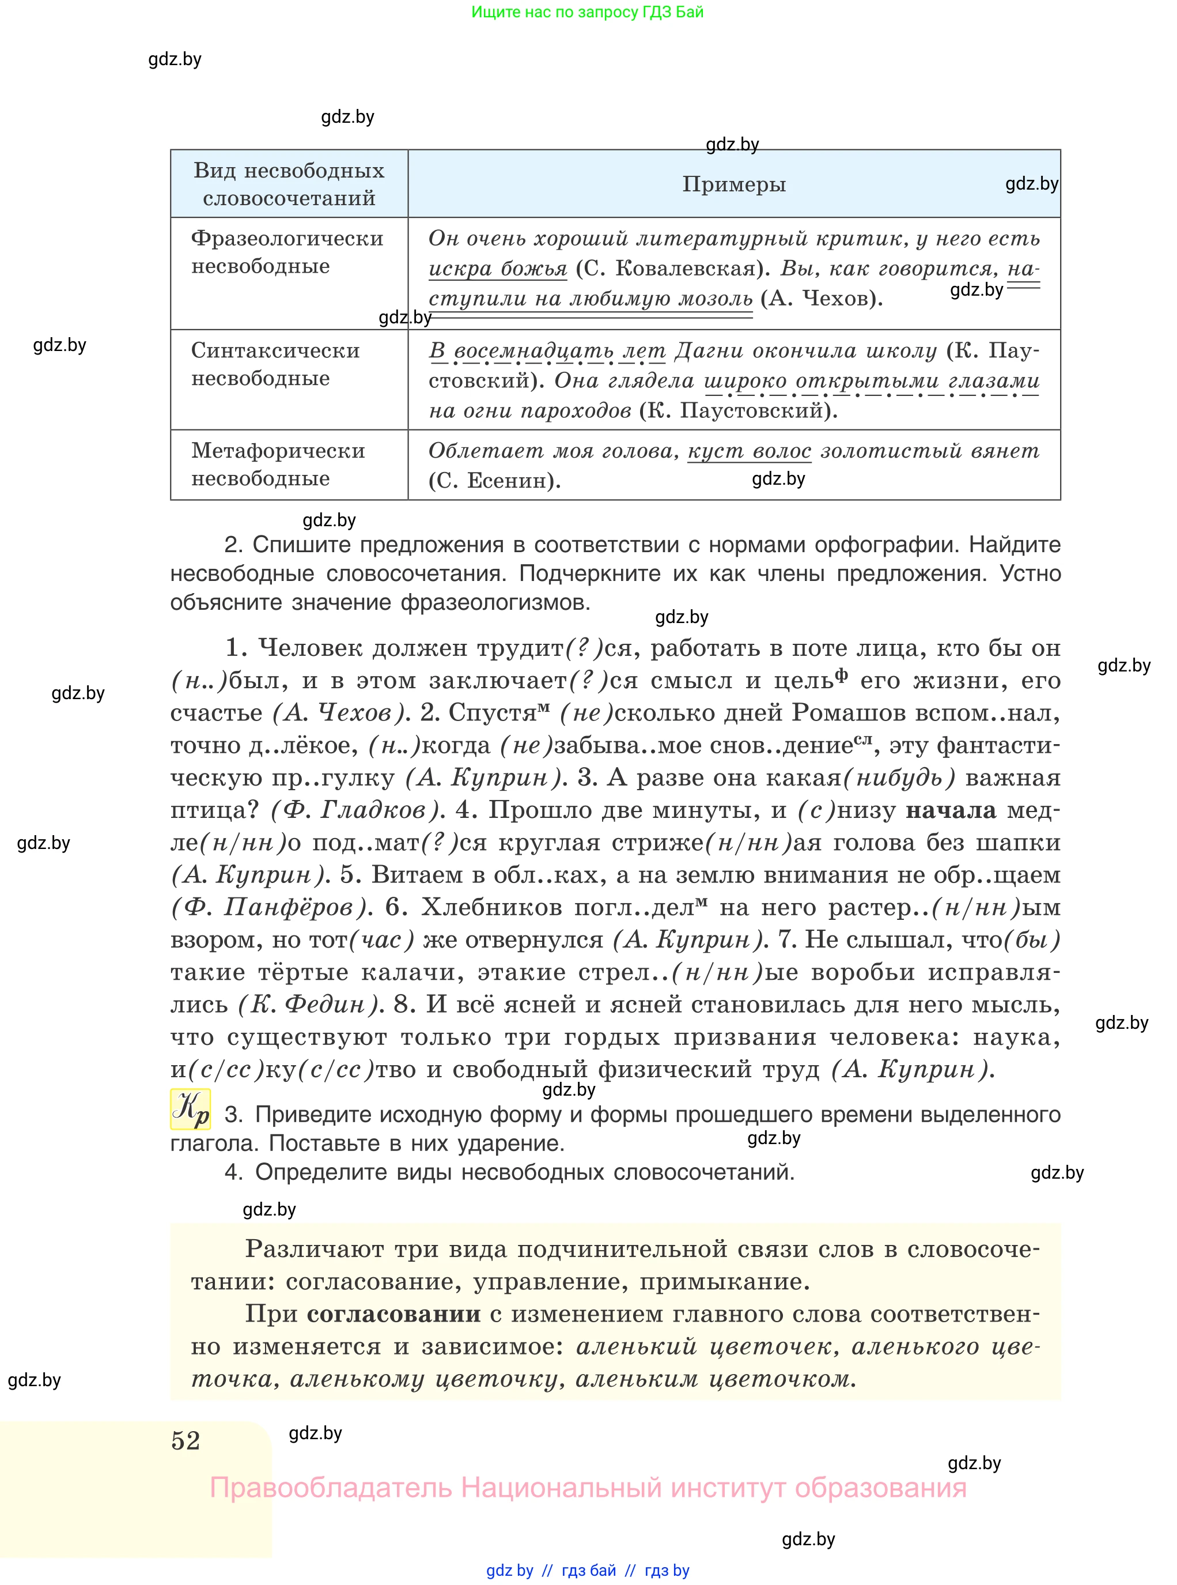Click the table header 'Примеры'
tap(734, 184)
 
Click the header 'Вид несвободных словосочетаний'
tap(289, 184)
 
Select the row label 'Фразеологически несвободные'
tap(286, 252)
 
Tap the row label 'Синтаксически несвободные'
tap(275, 364)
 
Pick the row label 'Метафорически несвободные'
tap(278, 464)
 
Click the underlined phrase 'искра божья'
tap(497, 269)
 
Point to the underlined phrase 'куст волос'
tap(749, 451)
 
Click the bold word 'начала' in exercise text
tap(951, 810)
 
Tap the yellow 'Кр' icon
tap(190, 1109)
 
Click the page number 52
tap(186, 1440)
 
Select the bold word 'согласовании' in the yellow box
tap(393, 1314)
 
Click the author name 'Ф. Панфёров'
tap(271, 907)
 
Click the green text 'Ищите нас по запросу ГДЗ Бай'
tap(587, 12)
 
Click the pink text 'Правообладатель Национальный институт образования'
tap(588, 1488)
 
